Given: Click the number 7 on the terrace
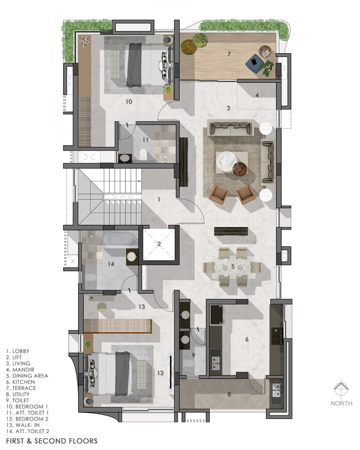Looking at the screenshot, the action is coord(229,54).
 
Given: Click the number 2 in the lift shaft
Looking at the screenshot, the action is coord(159,244).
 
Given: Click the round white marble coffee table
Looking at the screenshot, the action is coord(226,161).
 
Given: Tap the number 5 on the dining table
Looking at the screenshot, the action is coord(233,267).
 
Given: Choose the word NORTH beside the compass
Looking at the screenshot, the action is coord(342,403).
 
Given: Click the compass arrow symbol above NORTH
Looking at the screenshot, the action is coord(341,389).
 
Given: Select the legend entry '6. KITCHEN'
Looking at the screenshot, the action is coord(20,382).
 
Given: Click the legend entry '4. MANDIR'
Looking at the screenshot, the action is coord(20,370).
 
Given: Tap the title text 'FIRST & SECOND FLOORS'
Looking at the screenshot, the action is coord(52,441).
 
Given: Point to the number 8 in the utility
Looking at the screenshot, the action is coord(229,394).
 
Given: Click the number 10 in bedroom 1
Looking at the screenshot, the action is coord(129,102).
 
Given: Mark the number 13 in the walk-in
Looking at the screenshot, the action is coord(142,306).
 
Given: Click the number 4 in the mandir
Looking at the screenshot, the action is coord(257,95).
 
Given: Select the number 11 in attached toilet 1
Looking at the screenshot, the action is coord(145,140).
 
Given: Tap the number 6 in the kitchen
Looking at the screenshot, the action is coord(247,340).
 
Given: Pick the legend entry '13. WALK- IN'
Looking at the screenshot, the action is coord(23,425).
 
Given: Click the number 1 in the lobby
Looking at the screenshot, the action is coord(159,199).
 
